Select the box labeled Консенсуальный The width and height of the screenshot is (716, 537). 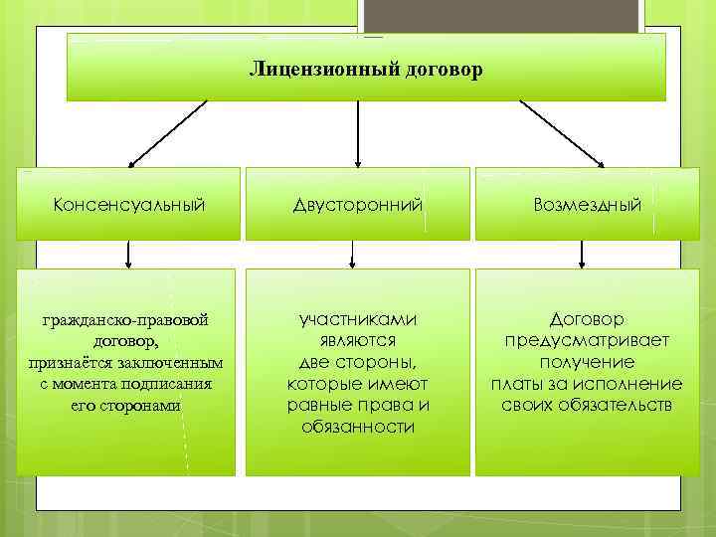coord(128,205)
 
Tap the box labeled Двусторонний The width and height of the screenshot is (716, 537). coord(357,205)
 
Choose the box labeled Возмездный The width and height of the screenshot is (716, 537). coord(587,205)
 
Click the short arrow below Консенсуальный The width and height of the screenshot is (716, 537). coord(128,255)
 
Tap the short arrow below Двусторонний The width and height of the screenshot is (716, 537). coord(350,255)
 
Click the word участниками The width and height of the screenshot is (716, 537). coord(357,318)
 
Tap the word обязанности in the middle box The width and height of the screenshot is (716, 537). coord(357,427)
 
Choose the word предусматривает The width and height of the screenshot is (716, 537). coord(587,340)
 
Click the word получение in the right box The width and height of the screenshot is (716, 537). coord(587,362)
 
